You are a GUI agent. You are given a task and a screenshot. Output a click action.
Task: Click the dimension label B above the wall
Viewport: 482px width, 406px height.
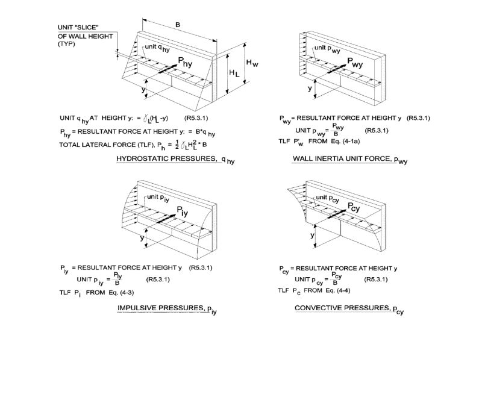[177, 26]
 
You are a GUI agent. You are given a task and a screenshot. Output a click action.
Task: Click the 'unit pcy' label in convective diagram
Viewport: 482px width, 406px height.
[330, 198]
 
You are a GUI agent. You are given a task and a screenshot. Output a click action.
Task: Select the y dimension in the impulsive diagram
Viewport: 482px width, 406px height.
[143, 238]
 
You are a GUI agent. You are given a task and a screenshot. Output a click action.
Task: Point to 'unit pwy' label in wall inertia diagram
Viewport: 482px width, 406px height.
[327, 49]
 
